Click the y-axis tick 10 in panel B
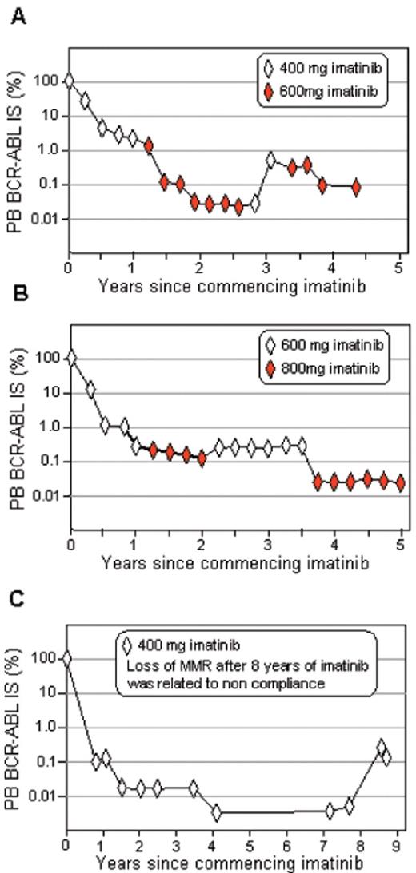[x=52, y=393]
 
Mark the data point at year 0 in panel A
[x=70, y=81]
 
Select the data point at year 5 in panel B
[x=400, y=482]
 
